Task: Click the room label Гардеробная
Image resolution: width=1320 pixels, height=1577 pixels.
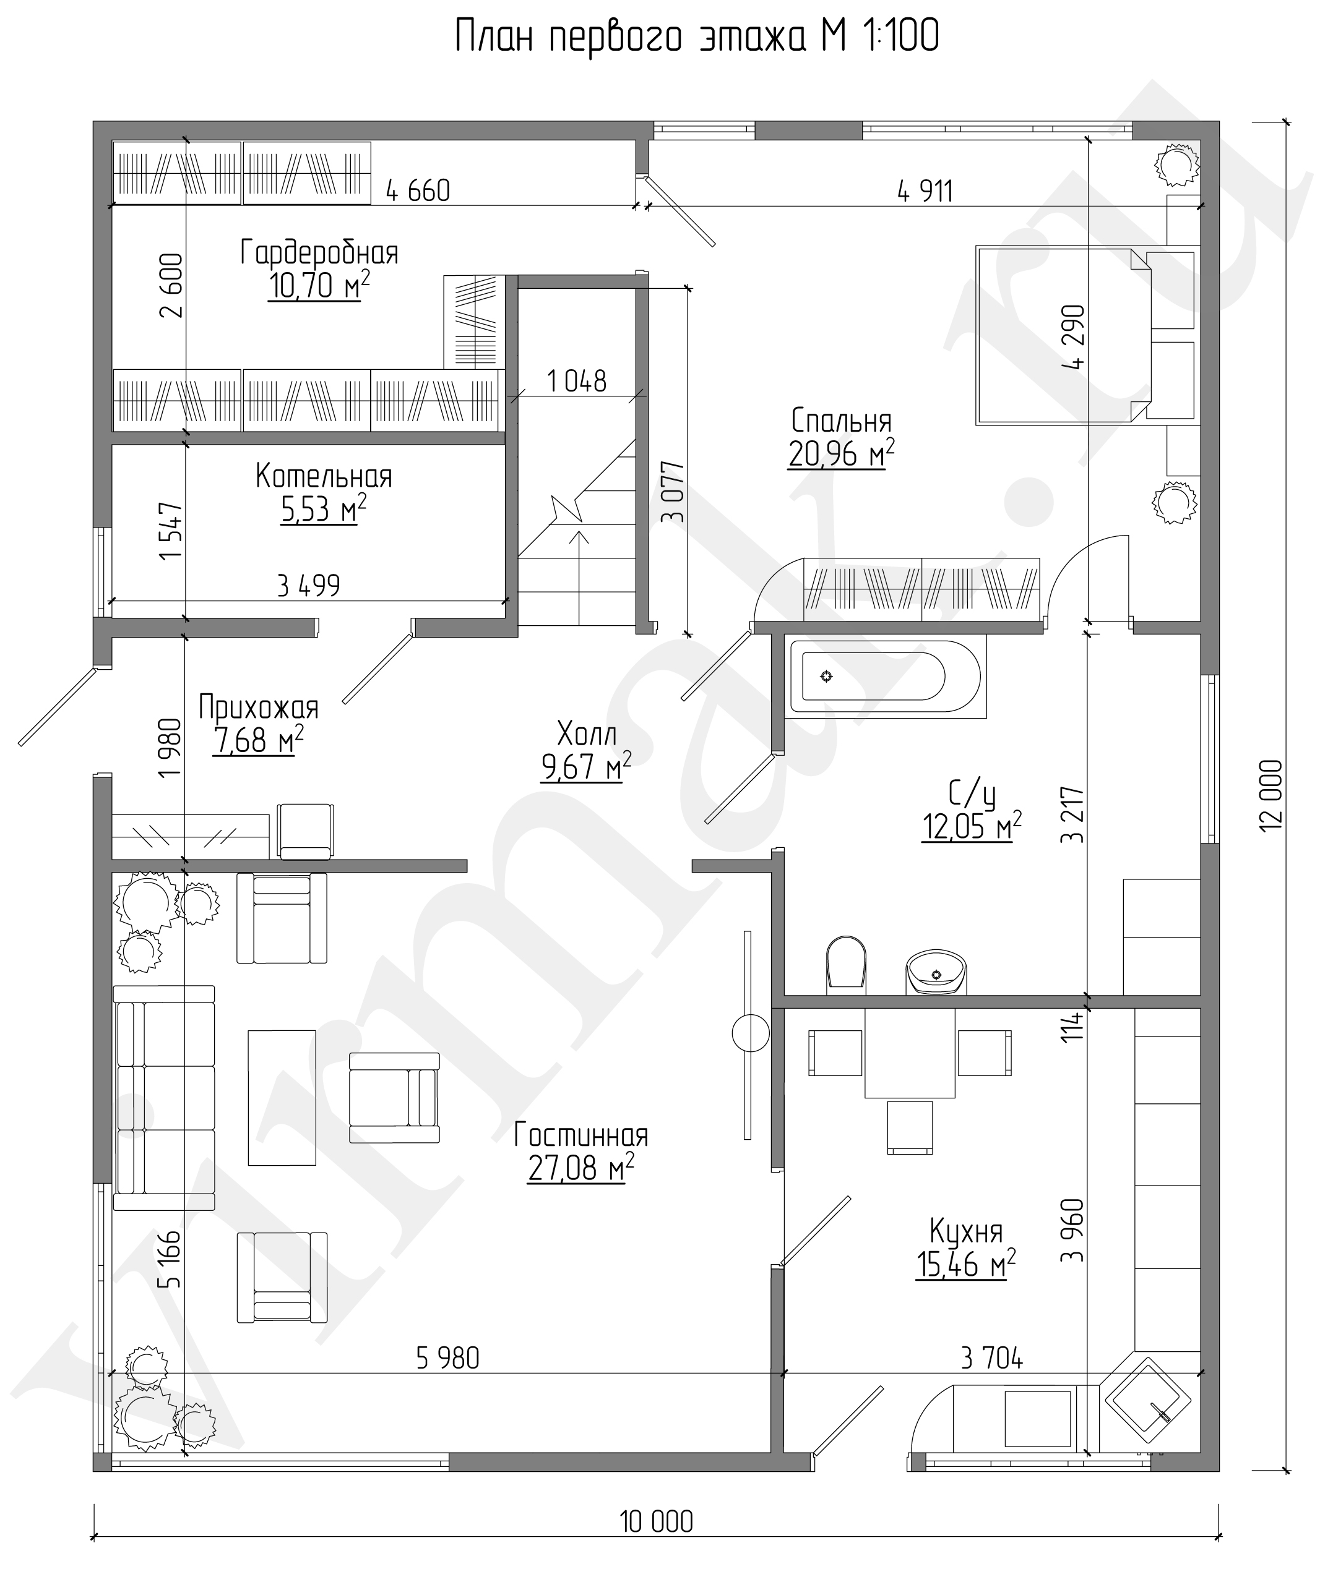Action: click(x=319, y=252)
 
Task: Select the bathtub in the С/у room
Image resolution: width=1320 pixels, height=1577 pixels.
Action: click(x=886, y=677)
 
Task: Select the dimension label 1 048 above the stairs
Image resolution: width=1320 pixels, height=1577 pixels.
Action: click(x=577, y=382)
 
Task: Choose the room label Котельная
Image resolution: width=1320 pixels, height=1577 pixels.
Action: click(x=324, y=476)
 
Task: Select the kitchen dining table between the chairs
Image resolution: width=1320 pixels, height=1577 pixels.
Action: click(x=910, y=1053)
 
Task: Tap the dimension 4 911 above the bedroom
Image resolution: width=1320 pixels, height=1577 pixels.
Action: click(x=925, y=192)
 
